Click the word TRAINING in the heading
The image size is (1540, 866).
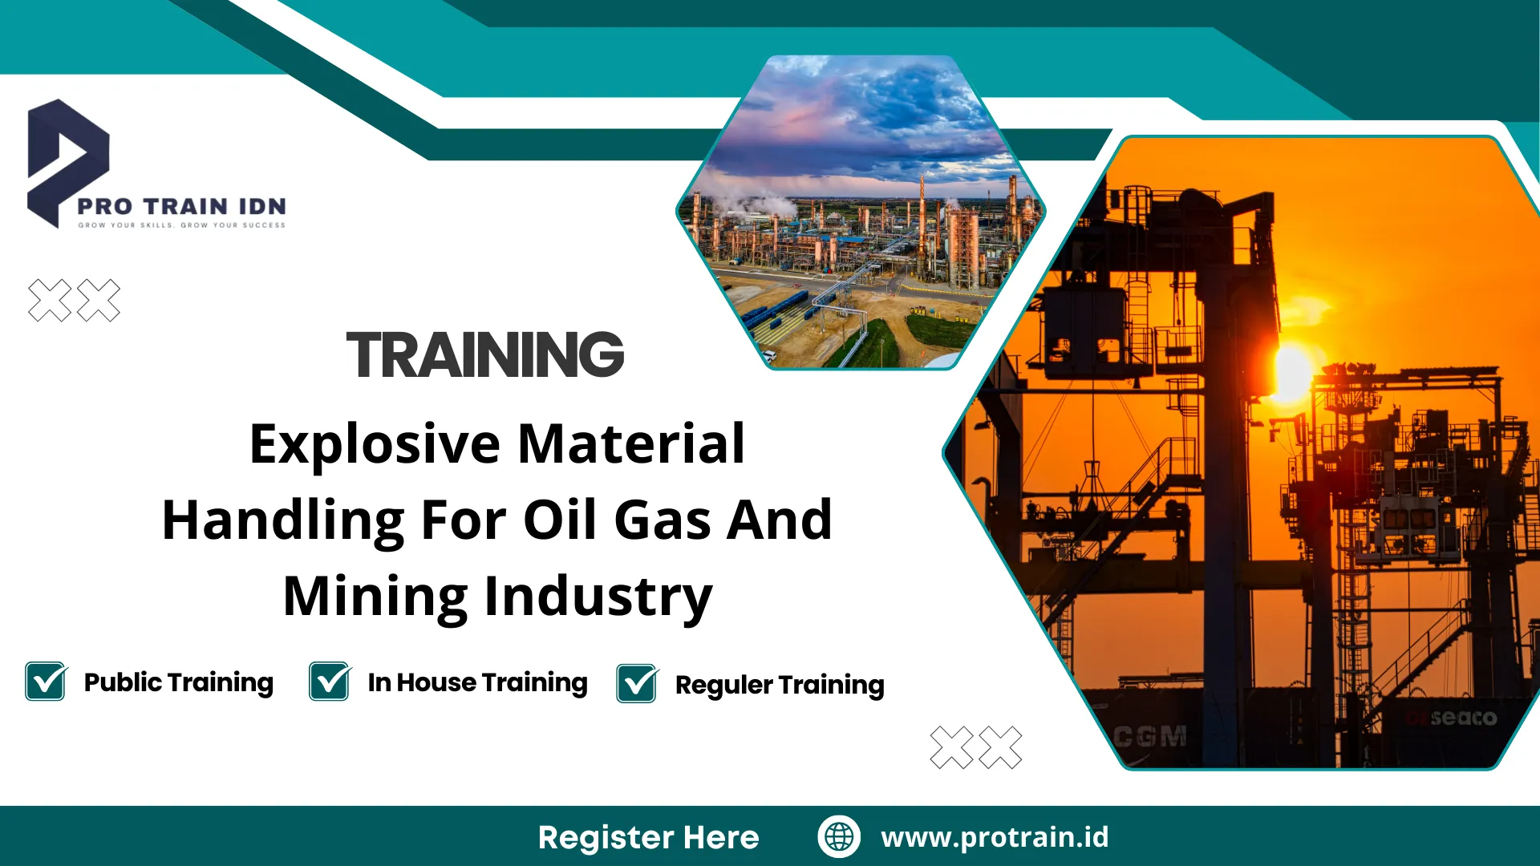tap(485, 354)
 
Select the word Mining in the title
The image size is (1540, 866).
tap(375, 596)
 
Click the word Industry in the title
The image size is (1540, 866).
tap(598, 596)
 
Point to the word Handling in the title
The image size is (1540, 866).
tap(283, 520)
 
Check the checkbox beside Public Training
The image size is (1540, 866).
tap(46, 682)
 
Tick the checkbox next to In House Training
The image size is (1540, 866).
tap(330, 682)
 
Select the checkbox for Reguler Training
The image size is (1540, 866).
tap(637, 684)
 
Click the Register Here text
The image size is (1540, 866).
tap(648, 837)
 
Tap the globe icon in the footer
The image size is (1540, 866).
tap(839, 836)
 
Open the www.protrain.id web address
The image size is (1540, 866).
tap(995, 837)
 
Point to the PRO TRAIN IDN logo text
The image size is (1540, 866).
tap(181, 206)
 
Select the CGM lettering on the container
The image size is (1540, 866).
tap(1151, 736)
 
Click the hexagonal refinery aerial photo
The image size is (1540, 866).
tap(861, 212)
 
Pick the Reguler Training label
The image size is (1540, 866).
tap(780, 686)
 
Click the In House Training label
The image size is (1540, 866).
tap(477, 683)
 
